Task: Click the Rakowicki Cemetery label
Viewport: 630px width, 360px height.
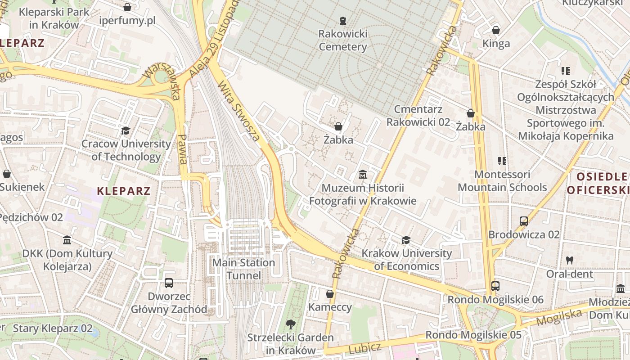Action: (x=343, y=40)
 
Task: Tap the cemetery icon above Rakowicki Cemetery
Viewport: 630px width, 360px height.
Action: (x=343, y=20)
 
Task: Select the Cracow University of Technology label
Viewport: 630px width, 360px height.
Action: (x=126, y=150)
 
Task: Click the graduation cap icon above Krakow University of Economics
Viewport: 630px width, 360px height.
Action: (x=406, y=240)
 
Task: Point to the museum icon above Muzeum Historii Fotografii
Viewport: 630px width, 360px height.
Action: (x=363, y=174)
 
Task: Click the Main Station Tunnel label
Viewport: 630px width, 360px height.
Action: (x=243, y=269)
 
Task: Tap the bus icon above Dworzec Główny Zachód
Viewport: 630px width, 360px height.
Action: (x=169, y=283)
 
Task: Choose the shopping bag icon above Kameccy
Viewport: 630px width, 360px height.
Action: (x=330, y=294)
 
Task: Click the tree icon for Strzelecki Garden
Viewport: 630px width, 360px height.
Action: (x=291, y=324)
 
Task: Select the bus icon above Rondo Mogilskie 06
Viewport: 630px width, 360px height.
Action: (x=495, y=286)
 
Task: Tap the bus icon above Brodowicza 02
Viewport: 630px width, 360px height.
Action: (x=524, y=221)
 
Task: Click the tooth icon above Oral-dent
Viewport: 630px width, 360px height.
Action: (x=570, y=260)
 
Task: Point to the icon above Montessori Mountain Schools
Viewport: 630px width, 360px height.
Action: (x=502, y=161)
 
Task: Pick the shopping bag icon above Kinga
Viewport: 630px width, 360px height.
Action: (x=496, y=30)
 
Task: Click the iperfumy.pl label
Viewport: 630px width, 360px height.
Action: (x=127, y=21)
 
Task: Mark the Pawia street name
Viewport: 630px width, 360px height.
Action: (x=183, y=149)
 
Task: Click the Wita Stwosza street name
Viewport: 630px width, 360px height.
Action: (x=238, y=111)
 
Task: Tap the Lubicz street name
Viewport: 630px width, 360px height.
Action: (x=364, y=348)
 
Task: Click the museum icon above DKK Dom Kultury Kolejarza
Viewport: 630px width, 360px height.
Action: (x=67, y=240)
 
